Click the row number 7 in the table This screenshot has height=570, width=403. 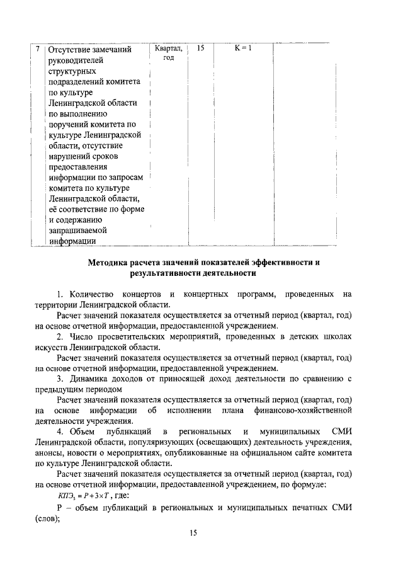[38, 49]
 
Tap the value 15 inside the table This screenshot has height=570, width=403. [200, 48]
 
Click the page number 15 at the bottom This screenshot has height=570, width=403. [194, 533]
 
